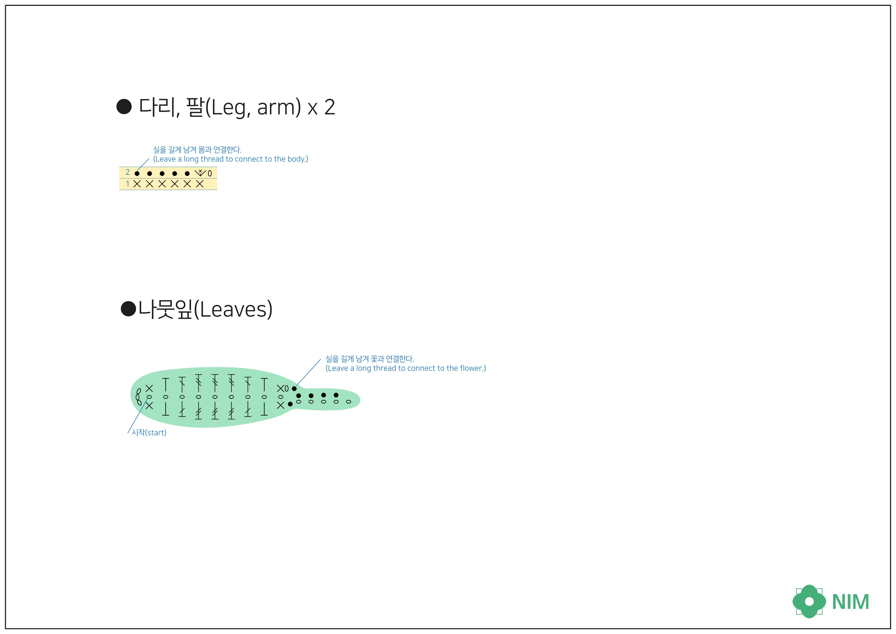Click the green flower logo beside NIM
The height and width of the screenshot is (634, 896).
809,601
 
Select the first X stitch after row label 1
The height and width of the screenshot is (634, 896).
137,184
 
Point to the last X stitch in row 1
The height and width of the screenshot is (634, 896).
200,184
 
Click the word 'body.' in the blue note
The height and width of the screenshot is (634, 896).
297,159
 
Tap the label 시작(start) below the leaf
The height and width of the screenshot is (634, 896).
149,433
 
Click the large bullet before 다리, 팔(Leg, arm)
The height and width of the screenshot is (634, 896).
124,107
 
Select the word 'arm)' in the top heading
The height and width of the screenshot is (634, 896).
279,107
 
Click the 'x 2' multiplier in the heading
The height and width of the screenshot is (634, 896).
321,107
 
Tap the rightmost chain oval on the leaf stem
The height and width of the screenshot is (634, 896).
348,402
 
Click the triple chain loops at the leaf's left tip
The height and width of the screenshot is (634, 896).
138,397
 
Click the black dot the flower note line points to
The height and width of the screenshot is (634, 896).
294,389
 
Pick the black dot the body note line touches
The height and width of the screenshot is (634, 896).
137,173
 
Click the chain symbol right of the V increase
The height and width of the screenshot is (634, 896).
210,173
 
